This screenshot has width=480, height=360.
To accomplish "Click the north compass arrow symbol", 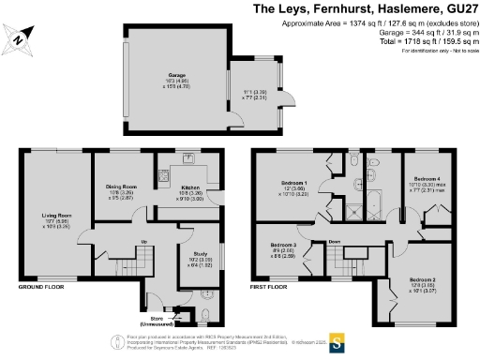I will coord(21,38).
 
